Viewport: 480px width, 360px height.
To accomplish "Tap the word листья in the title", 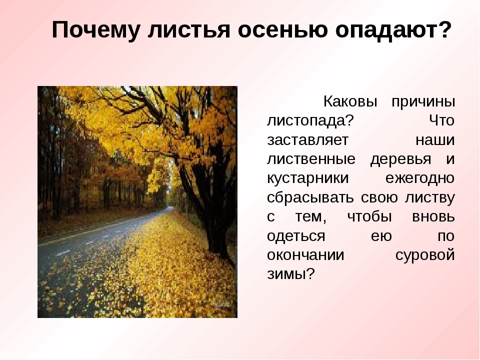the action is tap(188, 30).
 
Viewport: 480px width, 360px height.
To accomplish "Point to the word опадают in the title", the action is tap(385, 30).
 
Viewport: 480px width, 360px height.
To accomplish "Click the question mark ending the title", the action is tap(444, 29).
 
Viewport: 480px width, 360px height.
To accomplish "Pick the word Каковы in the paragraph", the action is tap(350, 101).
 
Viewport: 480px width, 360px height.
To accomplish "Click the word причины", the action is tap(423, 102).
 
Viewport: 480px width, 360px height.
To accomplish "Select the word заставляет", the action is tap(307, 140).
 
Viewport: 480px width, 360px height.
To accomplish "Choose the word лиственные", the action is tap(311, 159).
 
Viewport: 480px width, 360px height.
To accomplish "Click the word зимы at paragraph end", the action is tap(286, 274).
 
